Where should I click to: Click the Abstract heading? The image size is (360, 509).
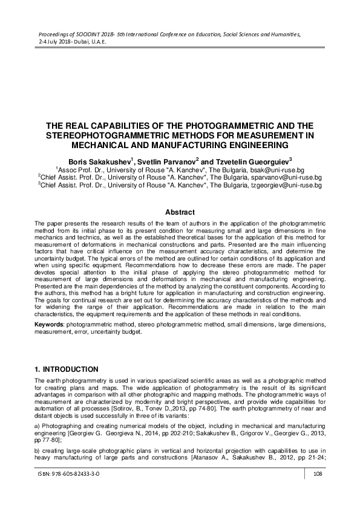click(x=180, y=212)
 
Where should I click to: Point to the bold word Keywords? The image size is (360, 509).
click(x=49, y=325)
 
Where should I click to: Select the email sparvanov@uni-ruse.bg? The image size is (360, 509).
click(x=287, y=178)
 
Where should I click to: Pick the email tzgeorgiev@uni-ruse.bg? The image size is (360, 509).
click(x=287, y=186)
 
